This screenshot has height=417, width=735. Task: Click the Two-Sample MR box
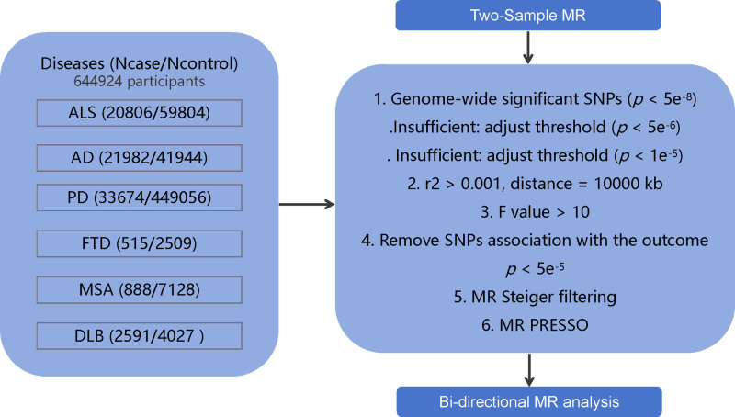point(527,15)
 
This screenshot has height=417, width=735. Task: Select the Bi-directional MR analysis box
point(529,402)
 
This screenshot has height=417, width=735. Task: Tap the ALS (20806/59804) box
point(140,113)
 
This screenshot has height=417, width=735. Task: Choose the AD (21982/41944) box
point(140,158)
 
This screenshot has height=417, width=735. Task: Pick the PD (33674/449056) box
point(140,197)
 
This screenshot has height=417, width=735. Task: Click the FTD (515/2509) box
point(140,243)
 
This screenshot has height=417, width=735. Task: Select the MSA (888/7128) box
point(140,290)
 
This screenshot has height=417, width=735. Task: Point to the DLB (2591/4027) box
point(140,336)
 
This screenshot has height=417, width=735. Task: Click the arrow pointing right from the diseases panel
point(307,204)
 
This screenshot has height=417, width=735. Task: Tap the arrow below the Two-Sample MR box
point(528,48)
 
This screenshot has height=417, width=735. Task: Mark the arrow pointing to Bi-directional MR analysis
point(529,369)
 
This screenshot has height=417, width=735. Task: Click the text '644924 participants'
point(140,82)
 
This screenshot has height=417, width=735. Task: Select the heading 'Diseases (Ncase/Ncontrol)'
point(140,63)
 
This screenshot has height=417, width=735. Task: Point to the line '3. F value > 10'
point(535,212)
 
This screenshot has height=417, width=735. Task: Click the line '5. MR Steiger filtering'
point(535,297)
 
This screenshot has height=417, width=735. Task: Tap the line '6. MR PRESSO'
point(535,325)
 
